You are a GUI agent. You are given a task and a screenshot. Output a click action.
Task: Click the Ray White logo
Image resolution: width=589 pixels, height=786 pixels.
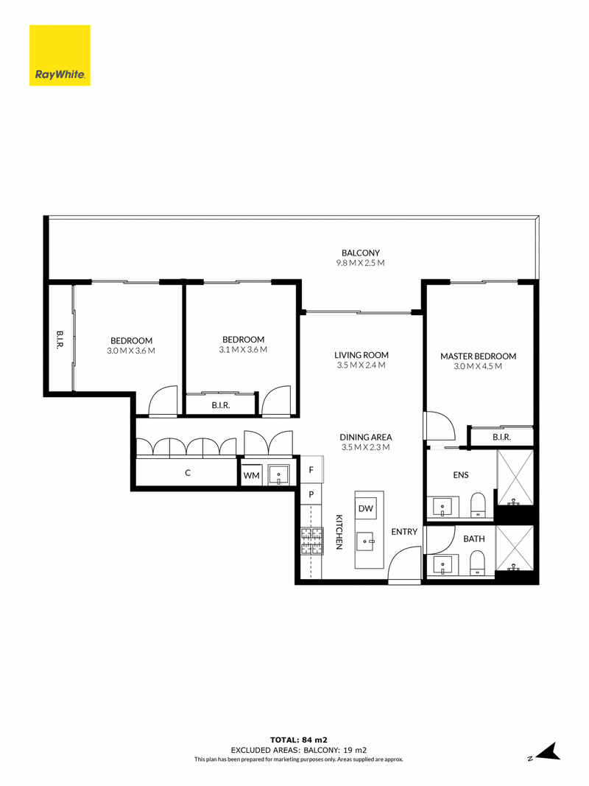tap(60, 55)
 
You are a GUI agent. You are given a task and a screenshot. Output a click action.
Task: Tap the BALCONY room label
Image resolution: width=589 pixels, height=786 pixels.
tap(361, 253)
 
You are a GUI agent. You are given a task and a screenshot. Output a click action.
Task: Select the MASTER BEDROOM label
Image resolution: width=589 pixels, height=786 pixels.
tap(479, 357)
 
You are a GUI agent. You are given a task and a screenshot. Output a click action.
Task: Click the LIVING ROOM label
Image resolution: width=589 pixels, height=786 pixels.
tap(361, 355)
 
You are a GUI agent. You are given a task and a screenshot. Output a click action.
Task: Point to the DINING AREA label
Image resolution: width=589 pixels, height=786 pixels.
tap(366, 437)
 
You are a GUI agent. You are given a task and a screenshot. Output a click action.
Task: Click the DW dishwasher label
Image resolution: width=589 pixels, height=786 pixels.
tap(366, 508)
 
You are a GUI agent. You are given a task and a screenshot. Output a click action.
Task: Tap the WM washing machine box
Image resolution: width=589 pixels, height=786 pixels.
tap(251, 474)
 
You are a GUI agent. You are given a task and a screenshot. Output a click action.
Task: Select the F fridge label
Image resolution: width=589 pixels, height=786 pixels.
tap(311, 470)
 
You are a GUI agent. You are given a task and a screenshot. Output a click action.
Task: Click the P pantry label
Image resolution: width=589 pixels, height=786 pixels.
tap(311, 494)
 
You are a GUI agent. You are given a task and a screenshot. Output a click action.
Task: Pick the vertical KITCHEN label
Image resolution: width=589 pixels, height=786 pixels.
tap(339, 533)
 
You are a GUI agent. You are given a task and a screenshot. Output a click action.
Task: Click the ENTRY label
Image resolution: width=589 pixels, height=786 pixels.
tap(404, 532)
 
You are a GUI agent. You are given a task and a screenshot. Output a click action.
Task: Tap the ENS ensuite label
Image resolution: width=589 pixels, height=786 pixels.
tap(461, 474)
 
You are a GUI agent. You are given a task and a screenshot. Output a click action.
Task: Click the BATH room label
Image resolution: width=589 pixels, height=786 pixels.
tap(474, 539)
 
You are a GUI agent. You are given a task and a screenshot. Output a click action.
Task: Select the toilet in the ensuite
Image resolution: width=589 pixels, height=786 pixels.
tap(479, 505)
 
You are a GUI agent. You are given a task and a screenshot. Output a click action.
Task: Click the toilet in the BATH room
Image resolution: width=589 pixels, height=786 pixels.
tap(479, 563)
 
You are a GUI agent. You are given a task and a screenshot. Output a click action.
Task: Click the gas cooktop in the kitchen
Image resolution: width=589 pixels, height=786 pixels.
tap(311, 541)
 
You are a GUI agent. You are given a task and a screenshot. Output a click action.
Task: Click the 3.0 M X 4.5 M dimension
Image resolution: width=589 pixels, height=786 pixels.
tap(478, 366)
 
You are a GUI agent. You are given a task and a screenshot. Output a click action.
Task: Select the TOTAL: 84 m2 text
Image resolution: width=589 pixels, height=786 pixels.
tap(299, 740)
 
